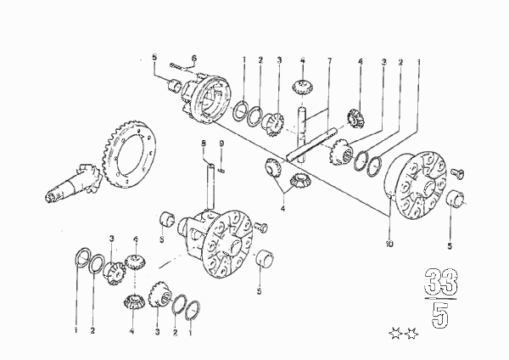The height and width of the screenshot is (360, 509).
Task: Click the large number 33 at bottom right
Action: [441, 281]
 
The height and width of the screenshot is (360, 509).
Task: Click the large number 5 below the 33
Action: [440, 314]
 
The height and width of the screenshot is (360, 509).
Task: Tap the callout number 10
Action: [389, 244]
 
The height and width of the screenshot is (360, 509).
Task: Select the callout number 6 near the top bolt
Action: [193, 58]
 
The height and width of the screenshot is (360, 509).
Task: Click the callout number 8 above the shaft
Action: [204, 143]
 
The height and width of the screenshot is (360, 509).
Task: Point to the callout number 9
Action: [221, 143]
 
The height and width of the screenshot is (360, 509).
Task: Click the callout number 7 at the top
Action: [329, 60]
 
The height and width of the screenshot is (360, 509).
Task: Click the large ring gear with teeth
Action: [129, 154]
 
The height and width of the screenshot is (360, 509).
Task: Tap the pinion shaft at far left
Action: [73, 184]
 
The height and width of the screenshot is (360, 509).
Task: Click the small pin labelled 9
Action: [221, 170]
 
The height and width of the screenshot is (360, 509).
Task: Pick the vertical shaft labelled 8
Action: [210, 187]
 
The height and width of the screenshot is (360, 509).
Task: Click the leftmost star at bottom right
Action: [395, 334]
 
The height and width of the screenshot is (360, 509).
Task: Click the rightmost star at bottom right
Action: [411, 334]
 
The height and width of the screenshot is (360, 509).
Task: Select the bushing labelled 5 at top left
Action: [176, 85]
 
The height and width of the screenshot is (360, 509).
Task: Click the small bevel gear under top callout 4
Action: [302, 87]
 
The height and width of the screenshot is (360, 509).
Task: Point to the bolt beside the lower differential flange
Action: [261, 227]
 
